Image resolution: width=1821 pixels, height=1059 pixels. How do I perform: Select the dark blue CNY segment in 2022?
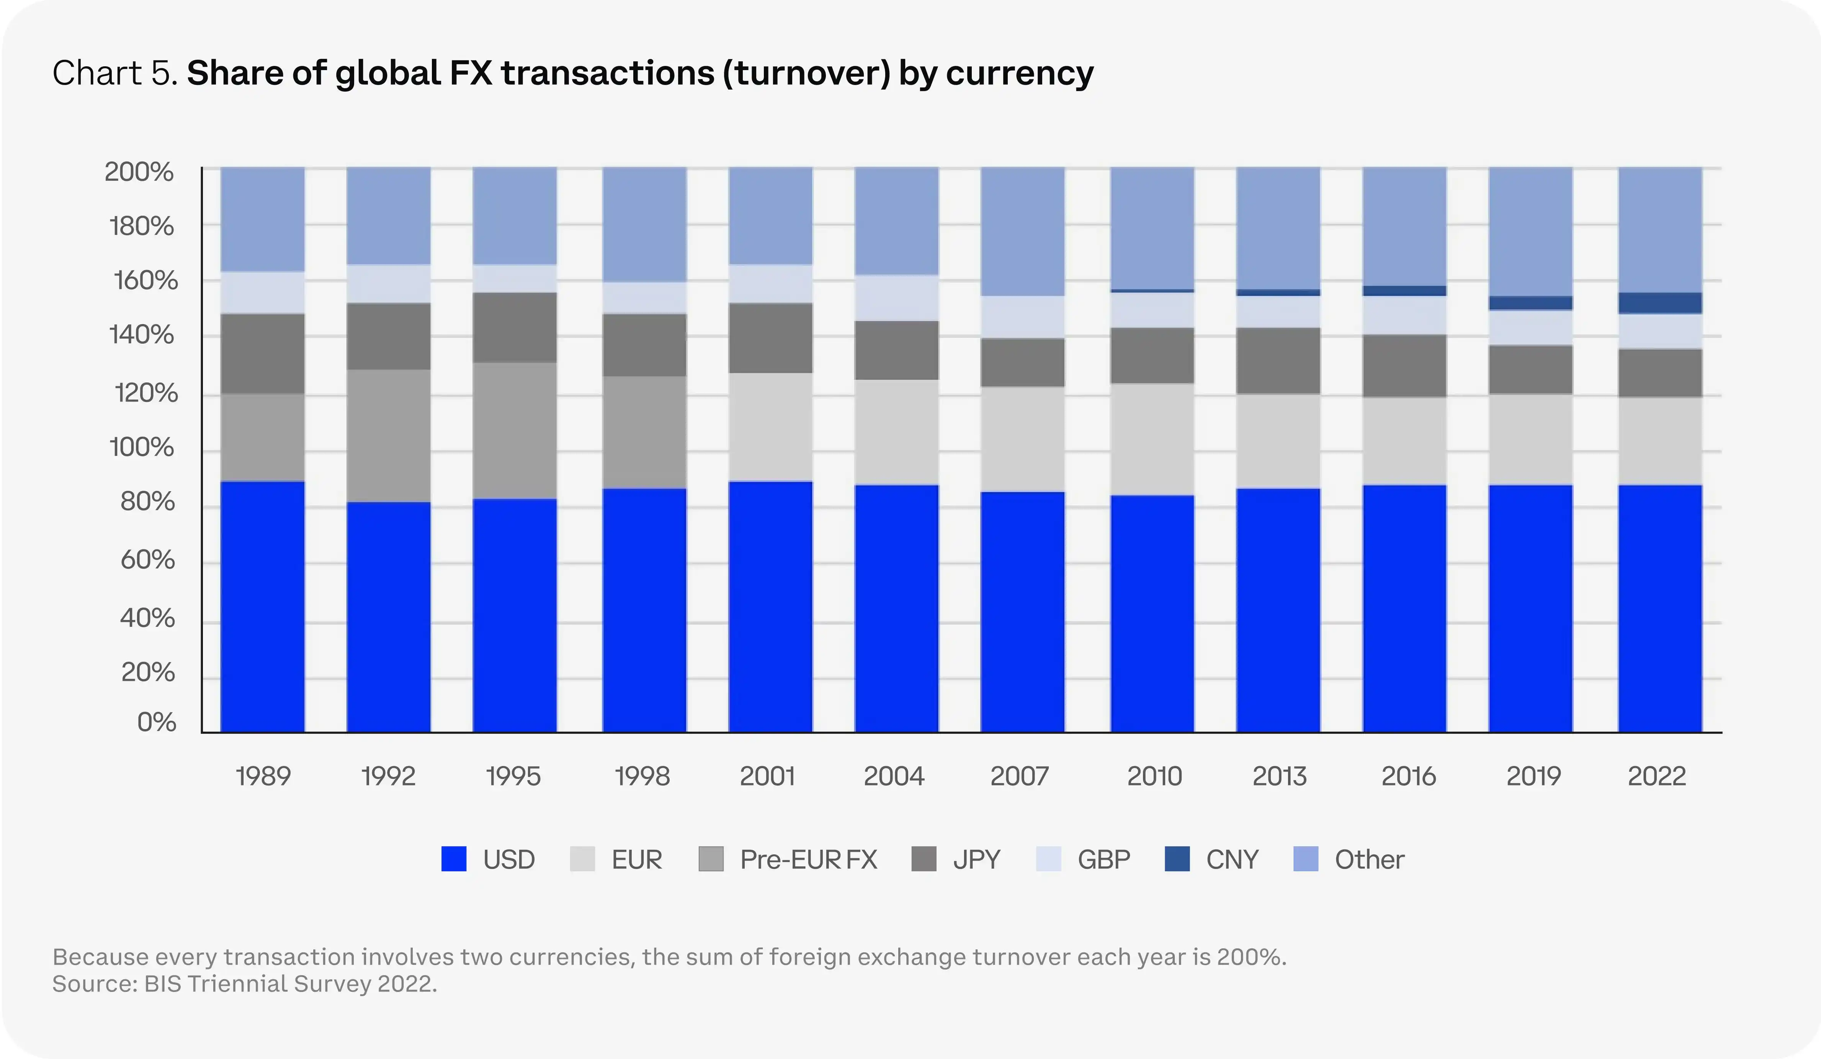[1660, 303]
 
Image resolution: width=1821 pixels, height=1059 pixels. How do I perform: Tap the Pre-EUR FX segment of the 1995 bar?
[515, 430]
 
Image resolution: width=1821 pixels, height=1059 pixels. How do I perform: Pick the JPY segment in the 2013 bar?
[1278, 360]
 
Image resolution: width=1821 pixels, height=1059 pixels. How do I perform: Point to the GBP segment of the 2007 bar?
[1022, 316]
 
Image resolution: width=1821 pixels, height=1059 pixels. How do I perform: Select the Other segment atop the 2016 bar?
[1404, 226]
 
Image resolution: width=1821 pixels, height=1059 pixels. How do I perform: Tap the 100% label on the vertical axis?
[142, 448]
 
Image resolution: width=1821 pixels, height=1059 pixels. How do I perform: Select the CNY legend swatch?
[1177, 859]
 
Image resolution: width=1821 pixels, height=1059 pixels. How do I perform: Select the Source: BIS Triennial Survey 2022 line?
[244, 984]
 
